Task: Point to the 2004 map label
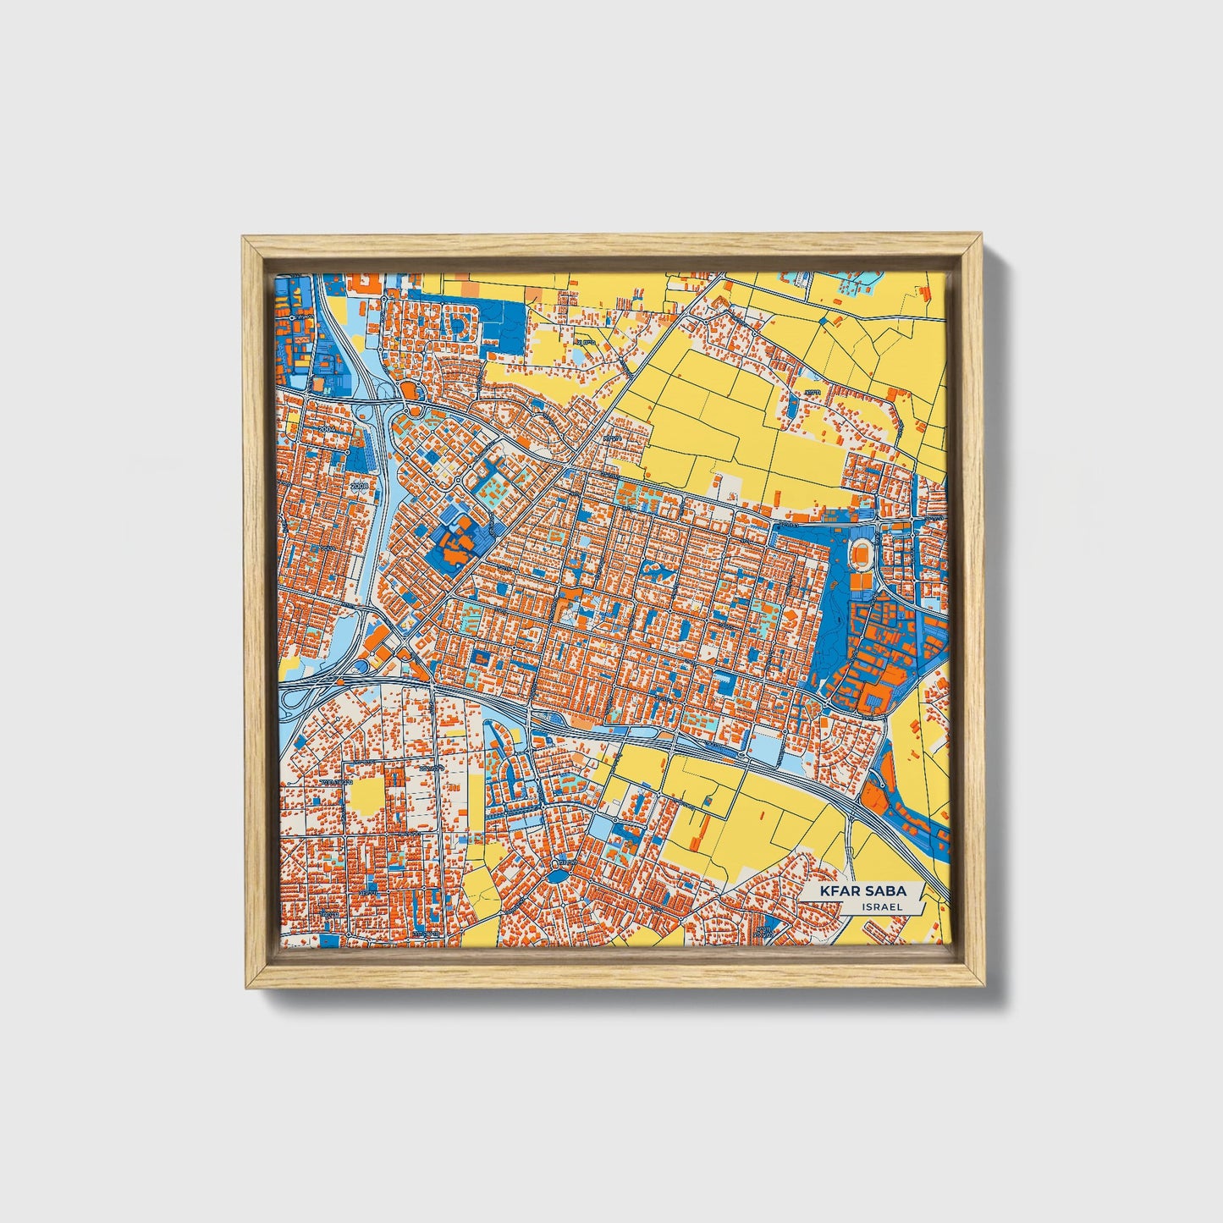coord(329,429)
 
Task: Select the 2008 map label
coord(361,486)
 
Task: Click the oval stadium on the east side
coord(862,554)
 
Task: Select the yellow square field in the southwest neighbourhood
coord(366,796)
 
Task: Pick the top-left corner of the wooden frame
coord(244,239)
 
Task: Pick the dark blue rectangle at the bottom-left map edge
coord(331,940)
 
